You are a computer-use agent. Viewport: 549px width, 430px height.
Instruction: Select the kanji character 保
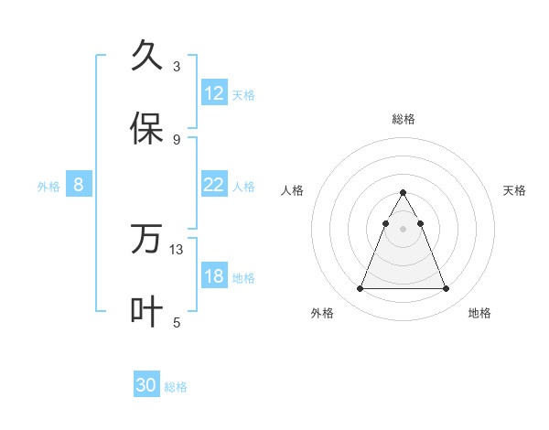coord(147,129)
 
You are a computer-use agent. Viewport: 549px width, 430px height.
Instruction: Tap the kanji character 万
coord(147,239)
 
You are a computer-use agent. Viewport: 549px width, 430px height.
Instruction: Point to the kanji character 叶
coord(147,312)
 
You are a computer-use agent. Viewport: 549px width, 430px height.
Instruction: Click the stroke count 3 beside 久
coord(177,66)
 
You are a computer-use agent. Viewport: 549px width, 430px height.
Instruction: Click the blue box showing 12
coord(214,93)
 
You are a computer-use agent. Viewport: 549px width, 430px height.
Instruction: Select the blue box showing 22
coord(214,185)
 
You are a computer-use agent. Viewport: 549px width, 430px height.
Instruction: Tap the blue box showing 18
coord(214,276)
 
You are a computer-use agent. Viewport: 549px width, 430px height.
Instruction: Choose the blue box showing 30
coord(146,386)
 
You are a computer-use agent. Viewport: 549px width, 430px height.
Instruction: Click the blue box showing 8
coord(79,185)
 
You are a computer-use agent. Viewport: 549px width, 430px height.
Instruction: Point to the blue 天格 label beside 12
coord(243,94)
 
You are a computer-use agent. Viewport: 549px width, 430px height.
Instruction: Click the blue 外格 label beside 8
coord(48,186)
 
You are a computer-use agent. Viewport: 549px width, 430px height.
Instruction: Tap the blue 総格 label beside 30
coord(176,387)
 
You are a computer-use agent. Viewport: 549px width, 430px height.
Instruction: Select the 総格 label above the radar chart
coord(404,119)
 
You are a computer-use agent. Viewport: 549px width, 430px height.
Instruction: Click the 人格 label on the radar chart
coord(293,190)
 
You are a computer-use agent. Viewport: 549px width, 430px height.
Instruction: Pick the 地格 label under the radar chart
coord(479,313)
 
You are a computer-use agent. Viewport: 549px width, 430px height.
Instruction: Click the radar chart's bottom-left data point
coord(360,289)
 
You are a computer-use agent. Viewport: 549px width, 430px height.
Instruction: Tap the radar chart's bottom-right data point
coord(447,289)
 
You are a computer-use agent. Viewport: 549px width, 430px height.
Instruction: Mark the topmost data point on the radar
coord(403,193)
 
